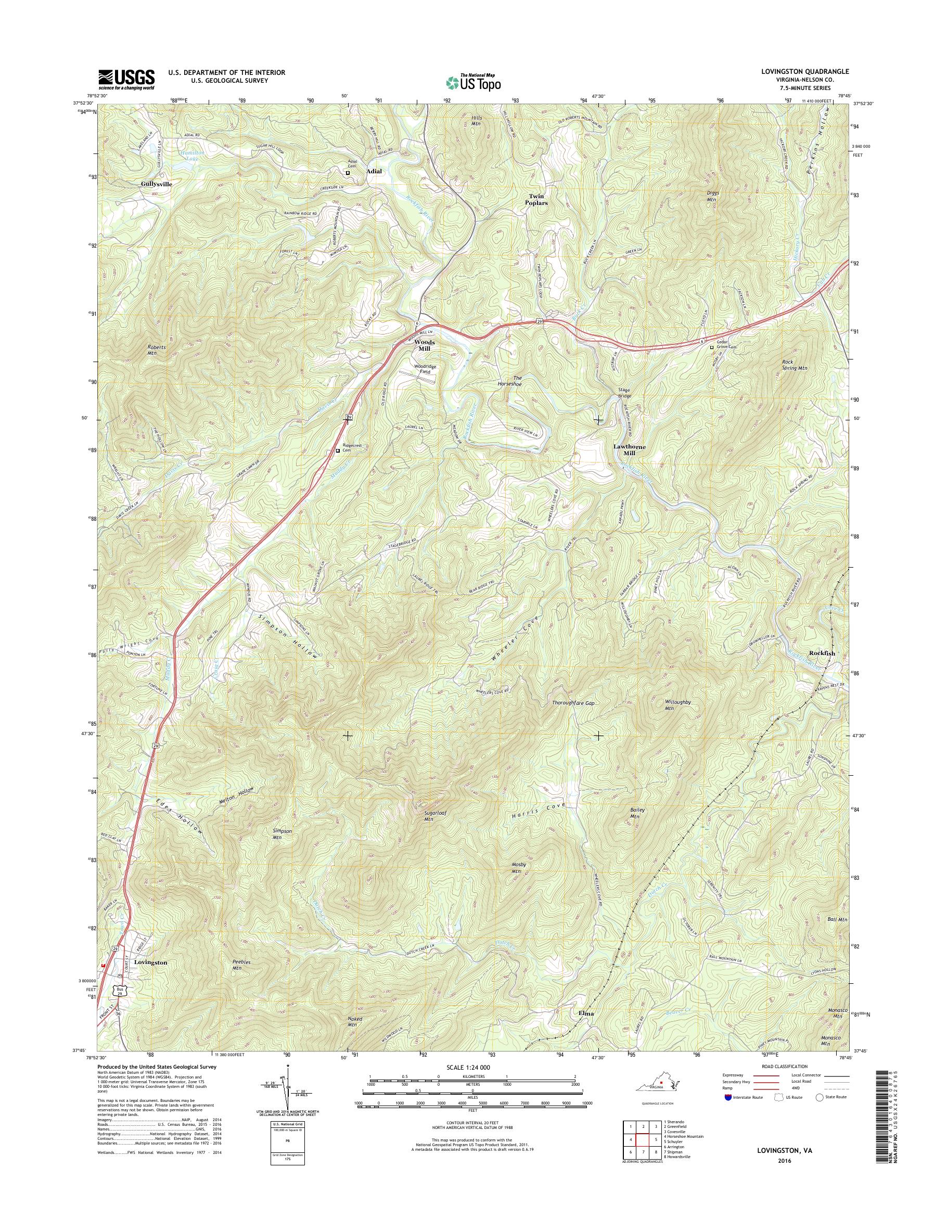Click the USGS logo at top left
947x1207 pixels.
126,79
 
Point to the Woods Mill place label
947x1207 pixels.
425,345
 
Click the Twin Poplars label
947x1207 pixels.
536,200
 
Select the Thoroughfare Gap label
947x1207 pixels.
573,703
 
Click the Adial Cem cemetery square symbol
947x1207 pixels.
348,173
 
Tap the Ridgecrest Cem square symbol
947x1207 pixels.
338,451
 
